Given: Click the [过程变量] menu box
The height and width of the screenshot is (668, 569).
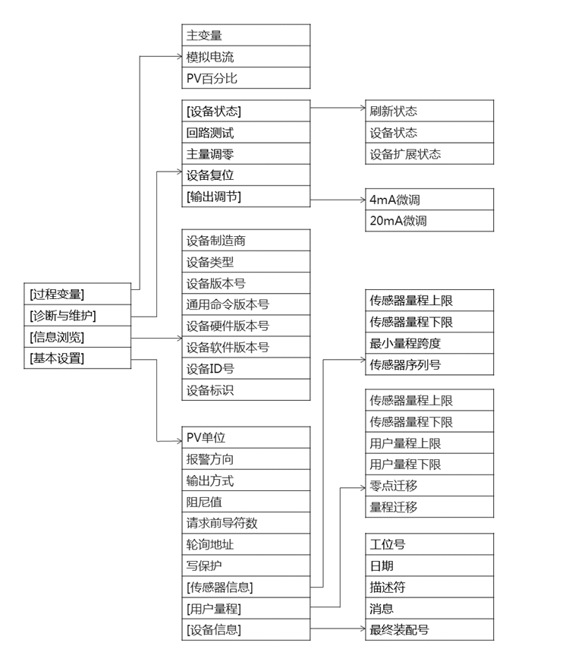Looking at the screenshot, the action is pyautogui.click(x=77, y=294).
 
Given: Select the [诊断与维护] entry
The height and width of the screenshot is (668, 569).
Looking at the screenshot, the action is pyautogui.click(x=77, y=316).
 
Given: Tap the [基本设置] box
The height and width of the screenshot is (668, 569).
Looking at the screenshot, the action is pyautogui.click(x=77, y=358).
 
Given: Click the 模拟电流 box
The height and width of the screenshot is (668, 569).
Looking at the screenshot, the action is pyautogui.click(x=246, y=57).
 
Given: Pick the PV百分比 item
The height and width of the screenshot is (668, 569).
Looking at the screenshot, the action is pyautogui.click(x=246, y=78).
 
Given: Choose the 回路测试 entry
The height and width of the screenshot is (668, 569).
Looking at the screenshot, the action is pyautogui.click(x=246, y=133).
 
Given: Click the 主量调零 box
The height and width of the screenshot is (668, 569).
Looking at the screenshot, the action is pyautogui.click(x=246, y=154).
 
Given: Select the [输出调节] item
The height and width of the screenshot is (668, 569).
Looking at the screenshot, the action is pyautogui.click(x=246, y=197).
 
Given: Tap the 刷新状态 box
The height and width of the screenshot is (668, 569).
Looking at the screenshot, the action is pyautogui.click(x=429, y=111).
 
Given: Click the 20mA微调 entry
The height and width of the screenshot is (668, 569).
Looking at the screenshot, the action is pyautogui.click(x=429, y=221).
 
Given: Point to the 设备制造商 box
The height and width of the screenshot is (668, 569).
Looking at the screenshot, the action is pyautogui.click(x=246, y=241).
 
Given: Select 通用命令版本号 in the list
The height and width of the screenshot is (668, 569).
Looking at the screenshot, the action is pyautogui.click(x=246, y=304).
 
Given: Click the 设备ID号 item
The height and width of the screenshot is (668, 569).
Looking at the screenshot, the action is pyautogui.click(x=246, y=368).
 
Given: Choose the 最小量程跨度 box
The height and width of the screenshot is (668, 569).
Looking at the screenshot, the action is pyautogui.click(x=429, y=343).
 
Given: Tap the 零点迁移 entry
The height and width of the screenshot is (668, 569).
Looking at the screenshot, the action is pyautogui.click(x=429, y=486).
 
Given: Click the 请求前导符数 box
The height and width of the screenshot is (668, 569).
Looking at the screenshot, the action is pyautogui.click(x=246, y=523).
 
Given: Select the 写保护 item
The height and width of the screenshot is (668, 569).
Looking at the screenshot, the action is pyautogui.click(x=246, y=566).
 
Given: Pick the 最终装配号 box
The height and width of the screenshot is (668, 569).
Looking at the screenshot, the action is pyautogui.click(x=429, y=629).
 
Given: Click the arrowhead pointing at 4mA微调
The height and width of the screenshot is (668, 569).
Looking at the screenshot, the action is pyautogui.click(x=363, y=200).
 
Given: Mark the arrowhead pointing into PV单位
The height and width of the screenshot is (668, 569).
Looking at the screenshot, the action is pyautogui.click(x=179, y=441).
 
